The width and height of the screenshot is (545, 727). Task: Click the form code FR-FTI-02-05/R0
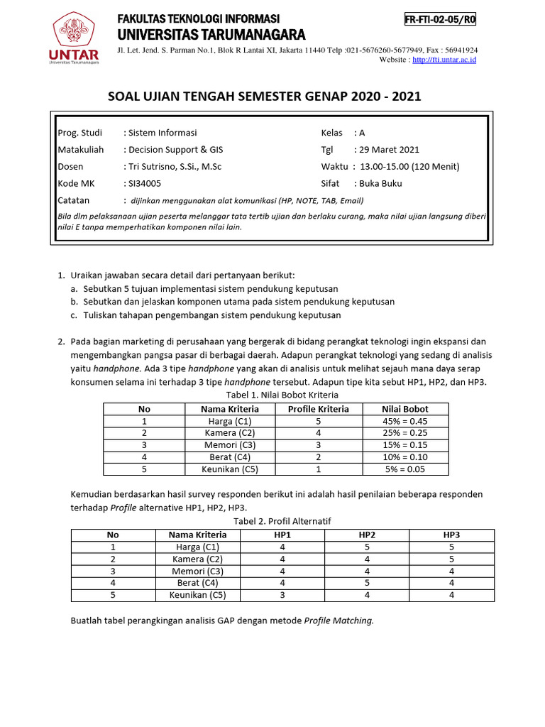pyautogui.click(x=440, y=20)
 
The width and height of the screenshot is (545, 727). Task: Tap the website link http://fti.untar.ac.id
pyautogui.click(x=444, y=60)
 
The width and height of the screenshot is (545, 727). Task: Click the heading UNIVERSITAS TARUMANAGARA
pyautogui.click(x=211, y=35)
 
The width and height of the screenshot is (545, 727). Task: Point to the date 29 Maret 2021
pyautogui.click(x=390, y=150)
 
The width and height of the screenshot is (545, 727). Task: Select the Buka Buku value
pyautogui.click(x=380, y=183)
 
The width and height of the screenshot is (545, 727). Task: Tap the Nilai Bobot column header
pyautogui.click(x=404, y=409)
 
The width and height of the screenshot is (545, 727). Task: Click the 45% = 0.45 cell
pyautogui.click(x=404, y=421)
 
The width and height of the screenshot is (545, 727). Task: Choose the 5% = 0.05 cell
pyautogui.click(x=404, y=469)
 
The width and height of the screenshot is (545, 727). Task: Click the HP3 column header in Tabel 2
pyautogui.click(x=452, y=535)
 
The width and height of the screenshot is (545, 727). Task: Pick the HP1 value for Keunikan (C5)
pyautogui.click(x=282, y=596)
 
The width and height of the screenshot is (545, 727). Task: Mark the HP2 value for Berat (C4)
pyautogui.click(x=367, y=584)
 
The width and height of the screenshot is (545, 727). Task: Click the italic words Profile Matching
pyautogui.click(x=338, y=621)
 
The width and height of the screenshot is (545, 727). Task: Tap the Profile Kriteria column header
pyautogui.click(x=318, y=409)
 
